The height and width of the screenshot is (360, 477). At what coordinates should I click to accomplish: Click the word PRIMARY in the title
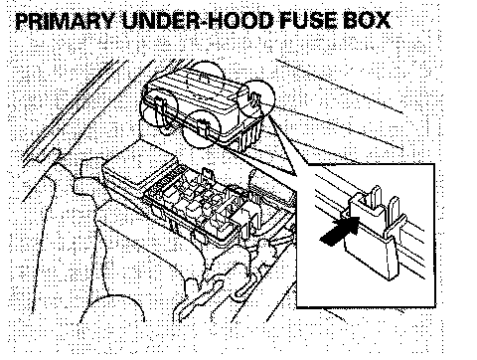coord(65,21)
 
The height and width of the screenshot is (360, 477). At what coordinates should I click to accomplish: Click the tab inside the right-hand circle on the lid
coord(255,99)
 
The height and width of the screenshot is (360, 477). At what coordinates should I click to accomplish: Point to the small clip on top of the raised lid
coord(205,78)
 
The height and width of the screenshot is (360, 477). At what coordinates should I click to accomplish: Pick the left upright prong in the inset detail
coord(376,198)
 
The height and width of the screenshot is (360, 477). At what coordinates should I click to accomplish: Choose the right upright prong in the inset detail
coord(394,208)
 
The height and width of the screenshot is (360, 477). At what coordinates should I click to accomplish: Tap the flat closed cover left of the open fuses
coord(143,164)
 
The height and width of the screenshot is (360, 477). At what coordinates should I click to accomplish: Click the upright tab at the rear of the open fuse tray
coord(206,174)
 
